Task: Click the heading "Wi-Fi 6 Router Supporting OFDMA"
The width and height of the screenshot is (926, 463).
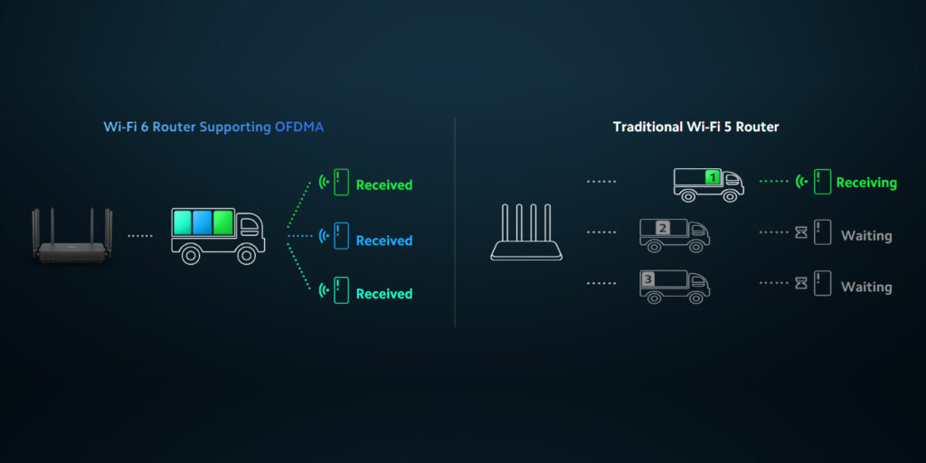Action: coord(213,128)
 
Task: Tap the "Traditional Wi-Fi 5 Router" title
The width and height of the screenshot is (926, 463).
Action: coord(695,128)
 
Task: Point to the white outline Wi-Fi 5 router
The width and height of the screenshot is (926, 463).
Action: coord(527,234)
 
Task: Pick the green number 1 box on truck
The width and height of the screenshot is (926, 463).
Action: coord(713,178)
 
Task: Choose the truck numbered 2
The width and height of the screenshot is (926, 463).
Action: coord(674,234)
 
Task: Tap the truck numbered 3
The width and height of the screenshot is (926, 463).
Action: coord(674,285)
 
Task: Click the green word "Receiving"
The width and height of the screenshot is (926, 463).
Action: coord(866,183)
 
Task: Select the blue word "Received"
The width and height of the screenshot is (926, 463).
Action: coord(383,241)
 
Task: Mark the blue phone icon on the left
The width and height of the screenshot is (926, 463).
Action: coord(341,236)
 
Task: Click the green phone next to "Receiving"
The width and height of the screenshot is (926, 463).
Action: coord(822,182)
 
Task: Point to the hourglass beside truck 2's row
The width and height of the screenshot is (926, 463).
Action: coord(801,233)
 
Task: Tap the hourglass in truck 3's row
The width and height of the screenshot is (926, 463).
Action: coord(801,284)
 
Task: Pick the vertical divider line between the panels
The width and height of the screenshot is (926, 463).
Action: coord(454,222)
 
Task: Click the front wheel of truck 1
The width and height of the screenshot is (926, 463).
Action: coord(731,195)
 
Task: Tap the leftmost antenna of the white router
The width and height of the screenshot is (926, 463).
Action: coord(506,221)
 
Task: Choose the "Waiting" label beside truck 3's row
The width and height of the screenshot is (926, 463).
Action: coord(866,288)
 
